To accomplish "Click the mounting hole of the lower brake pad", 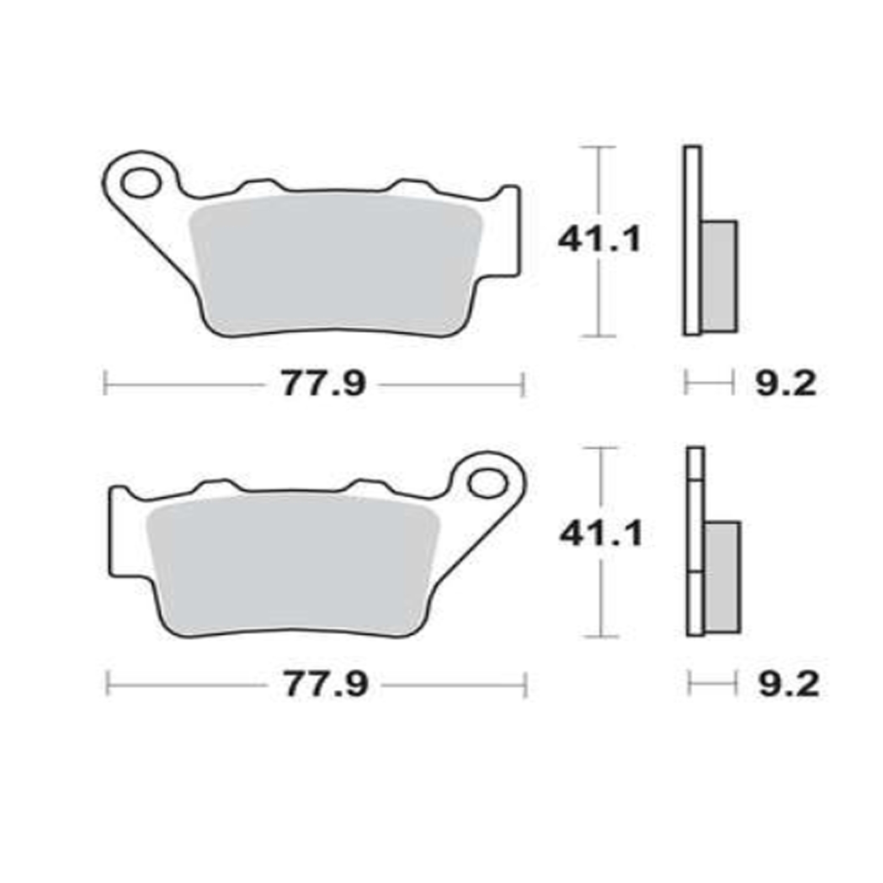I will click(487, 483).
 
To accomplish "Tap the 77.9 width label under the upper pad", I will click(323, 384).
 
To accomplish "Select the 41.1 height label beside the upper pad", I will click(600, 240).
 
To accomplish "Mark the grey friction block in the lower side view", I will click(723, 577).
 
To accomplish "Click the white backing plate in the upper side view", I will click(692, 240).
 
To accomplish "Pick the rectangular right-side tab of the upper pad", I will click(510, 232).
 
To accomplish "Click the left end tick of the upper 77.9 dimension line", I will click(105, 384).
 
